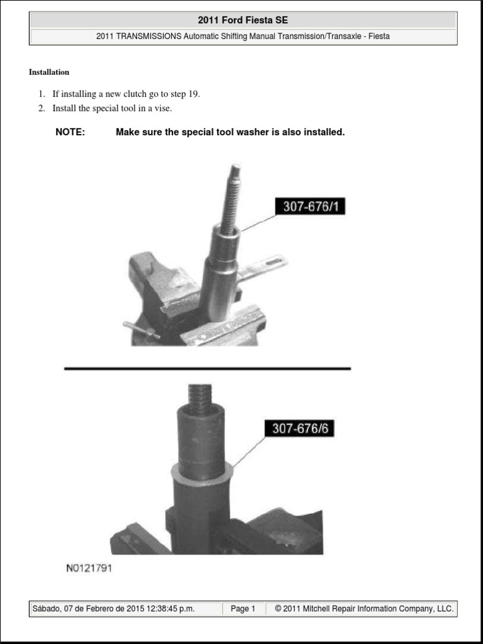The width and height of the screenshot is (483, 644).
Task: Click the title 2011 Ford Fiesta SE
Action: pos(243,20)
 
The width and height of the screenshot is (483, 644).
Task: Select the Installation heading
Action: pos(49,72)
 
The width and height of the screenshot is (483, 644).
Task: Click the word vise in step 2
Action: pos(162,108)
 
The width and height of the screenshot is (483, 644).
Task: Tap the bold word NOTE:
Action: pos(70,132)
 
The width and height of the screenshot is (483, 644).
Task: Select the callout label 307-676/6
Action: pos(301,429)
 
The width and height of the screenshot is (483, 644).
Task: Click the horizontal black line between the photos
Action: pos(208,369)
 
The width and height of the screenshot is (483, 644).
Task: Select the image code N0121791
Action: pos(89,569)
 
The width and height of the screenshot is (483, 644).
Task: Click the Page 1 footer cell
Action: pos(243,609)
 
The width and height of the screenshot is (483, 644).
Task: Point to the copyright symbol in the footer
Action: pos(278,609)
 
